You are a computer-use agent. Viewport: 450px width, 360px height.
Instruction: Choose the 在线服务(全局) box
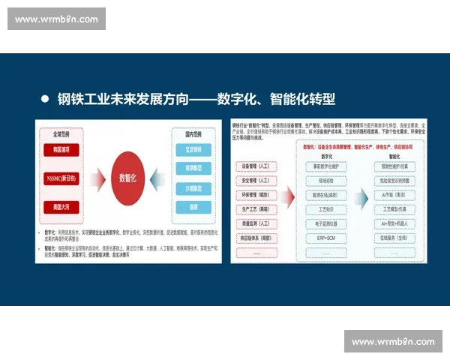389,237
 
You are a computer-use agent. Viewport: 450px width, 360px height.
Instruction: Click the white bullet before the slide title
45,97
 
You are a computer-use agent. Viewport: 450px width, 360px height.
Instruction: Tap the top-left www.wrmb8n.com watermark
56,18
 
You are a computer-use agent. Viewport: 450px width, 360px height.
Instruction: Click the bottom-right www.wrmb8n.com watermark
393,342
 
